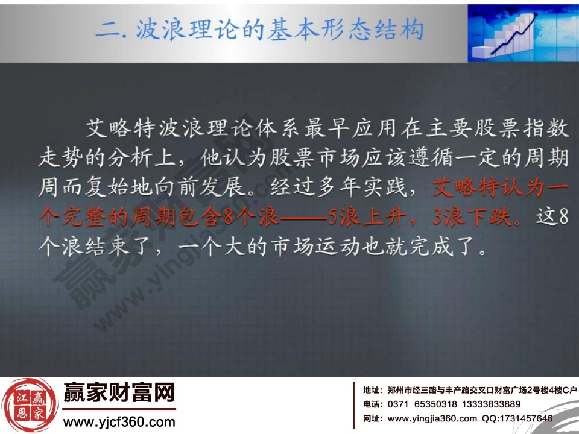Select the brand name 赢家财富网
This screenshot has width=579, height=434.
[x=119, y=395]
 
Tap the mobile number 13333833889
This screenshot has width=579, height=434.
[x=489, y=404]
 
